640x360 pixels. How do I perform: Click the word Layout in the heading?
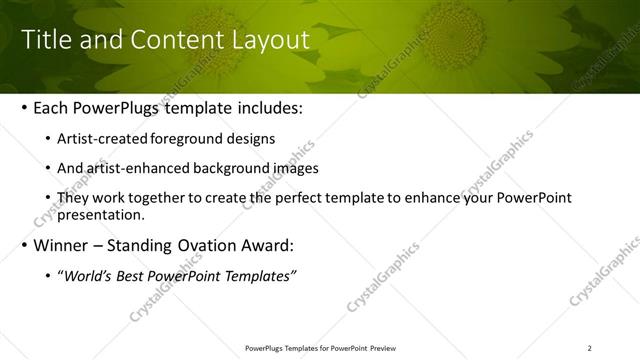click(x=269, y=40)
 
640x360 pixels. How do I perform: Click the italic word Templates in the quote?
click(x=260, y=275)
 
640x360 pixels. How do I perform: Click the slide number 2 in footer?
click(x=589, y=347)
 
